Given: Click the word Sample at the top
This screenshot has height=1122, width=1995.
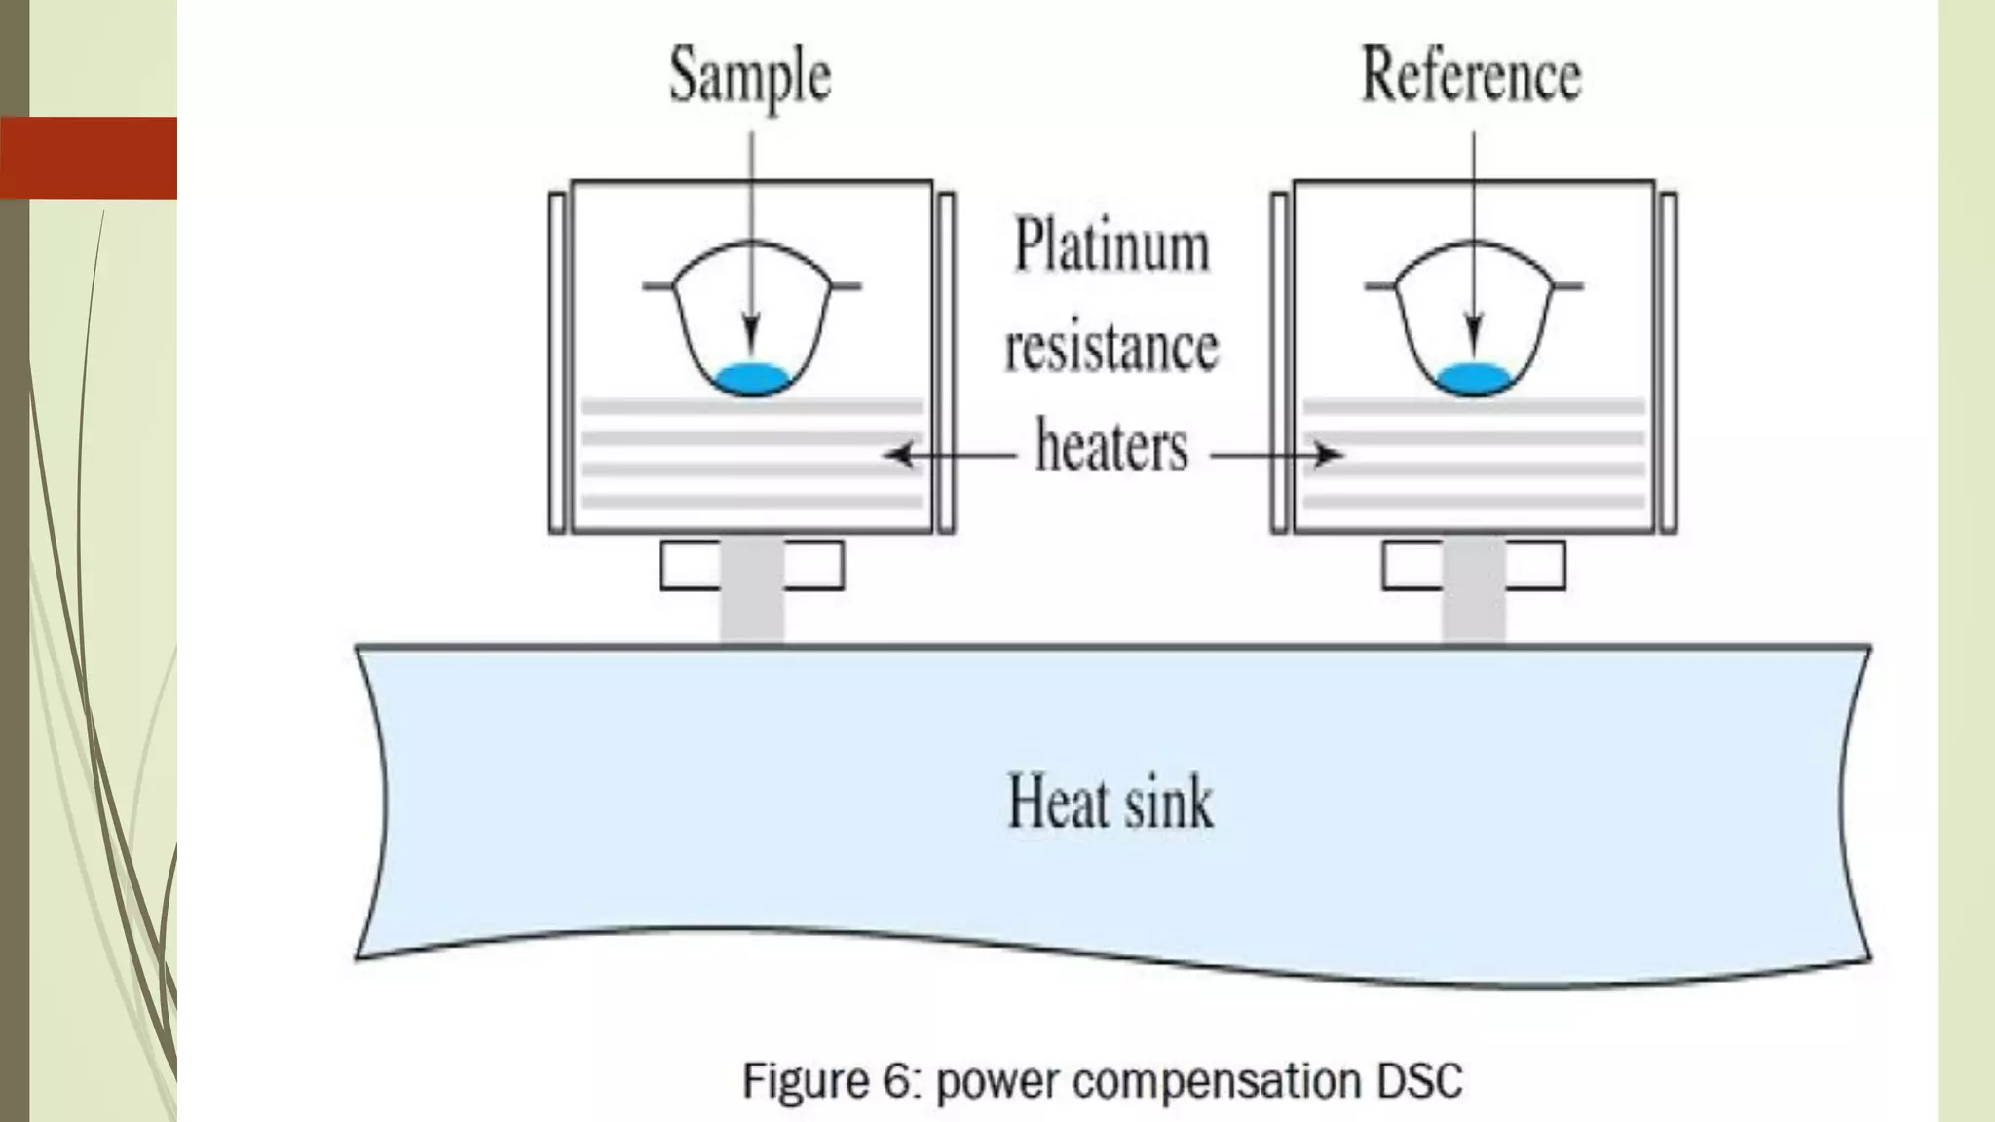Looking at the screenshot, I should coord(750,76).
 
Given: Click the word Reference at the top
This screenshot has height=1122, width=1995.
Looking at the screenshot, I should coord(1471,75).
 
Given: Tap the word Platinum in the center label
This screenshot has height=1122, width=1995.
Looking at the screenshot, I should coord(1112,245).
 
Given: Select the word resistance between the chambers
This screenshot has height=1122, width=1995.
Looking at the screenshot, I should coord(1111,348).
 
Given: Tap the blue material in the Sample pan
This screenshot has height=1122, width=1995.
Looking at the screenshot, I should coord(751,378).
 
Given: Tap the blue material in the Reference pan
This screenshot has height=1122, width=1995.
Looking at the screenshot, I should coord(1474,378).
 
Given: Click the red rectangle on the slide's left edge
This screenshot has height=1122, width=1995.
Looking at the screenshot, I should coord(89,158).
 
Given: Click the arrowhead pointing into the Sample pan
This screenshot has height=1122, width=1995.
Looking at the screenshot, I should coord(751,341).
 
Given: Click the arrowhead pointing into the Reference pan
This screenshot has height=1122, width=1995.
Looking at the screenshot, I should coord(1474,341).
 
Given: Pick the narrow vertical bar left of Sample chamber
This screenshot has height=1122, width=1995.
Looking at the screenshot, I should coord(557,362).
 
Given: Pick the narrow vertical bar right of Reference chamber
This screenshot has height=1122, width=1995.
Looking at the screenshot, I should coord(1668,362).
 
